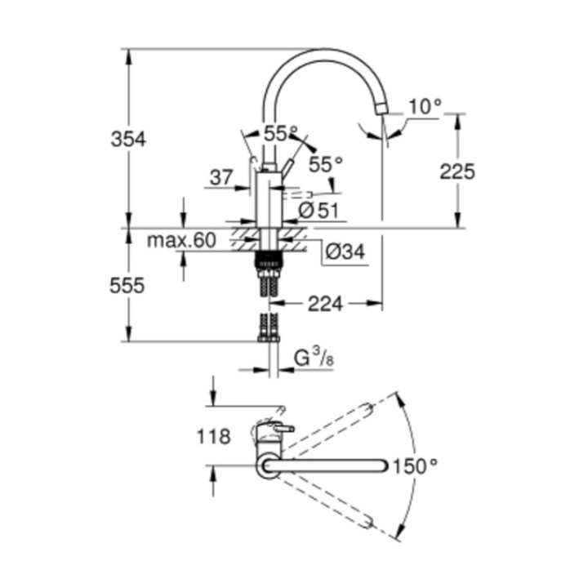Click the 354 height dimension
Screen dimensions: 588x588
(x=128, y=139)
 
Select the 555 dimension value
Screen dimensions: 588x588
(x=127, y=286)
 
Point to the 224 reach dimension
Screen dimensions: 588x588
(x=324, y=304)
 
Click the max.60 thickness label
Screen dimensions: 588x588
(x=180, y=240)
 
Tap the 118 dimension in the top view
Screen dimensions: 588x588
(x=213, y=437)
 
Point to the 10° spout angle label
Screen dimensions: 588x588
(x=425, y=105)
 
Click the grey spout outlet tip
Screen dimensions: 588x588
(x=381, y=109)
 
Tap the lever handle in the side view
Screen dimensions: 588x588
(x=287, y=167)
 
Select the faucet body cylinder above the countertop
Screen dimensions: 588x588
(x=269, y=199)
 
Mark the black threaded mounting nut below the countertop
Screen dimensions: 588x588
(x=269, y=261)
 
